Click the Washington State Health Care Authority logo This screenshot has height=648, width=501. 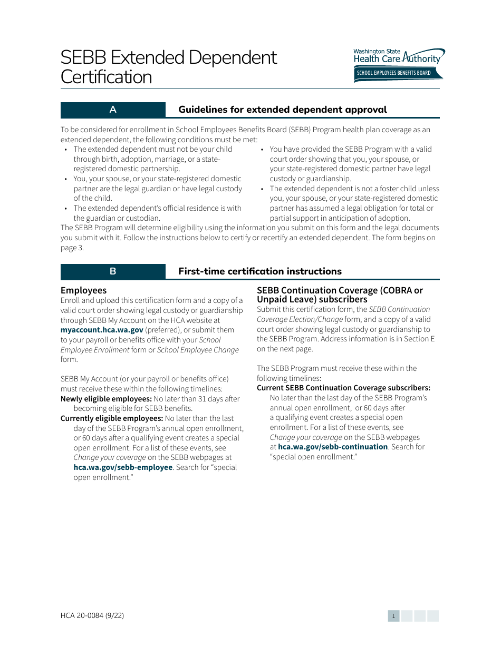[399, 57]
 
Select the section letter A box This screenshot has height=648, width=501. [113, 110]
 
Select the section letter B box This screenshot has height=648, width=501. [113, 271]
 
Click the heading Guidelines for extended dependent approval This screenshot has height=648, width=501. [282, 110]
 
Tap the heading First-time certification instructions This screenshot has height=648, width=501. [259, 271]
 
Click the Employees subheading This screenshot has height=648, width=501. [83, 290]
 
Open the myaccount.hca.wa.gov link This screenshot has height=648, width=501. [102, 330]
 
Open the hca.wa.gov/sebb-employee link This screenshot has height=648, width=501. [123, 467]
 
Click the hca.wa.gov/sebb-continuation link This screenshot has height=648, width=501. [333, 447]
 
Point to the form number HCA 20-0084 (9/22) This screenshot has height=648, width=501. [92, 615]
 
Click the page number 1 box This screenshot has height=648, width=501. [393, 616]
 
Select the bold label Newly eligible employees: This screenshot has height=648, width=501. [106, 399]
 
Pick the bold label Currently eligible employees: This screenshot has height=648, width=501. [112, 418]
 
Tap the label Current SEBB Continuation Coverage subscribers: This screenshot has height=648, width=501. [343, 388]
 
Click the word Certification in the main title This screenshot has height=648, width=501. [106, 77]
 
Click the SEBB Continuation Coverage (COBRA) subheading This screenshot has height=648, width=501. [340, 294]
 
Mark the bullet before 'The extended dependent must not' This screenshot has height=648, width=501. [65, 150]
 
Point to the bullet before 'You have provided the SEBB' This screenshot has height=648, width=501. [262, 150]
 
